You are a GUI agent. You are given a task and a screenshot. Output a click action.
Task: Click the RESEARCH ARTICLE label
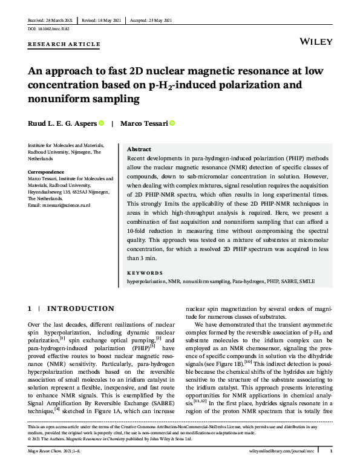tap(56, 45)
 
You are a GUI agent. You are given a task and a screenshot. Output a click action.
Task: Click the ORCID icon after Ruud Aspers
tap(101, 123)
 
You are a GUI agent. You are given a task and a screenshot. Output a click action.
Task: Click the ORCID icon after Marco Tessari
tap(172, 123)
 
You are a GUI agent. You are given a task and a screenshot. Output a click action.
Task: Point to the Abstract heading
tap(140, 149)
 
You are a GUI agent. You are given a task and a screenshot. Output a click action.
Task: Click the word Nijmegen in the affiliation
tap(85, 152)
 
